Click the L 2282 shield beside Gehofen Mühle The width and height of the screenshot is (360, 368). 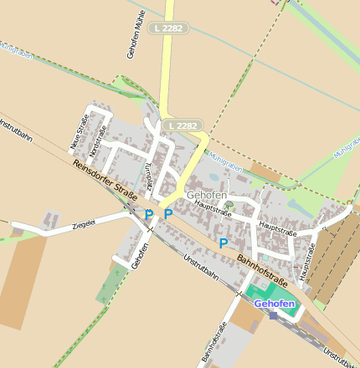pos(168,28)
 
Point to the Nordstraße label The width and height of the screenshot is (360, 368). pos(99,139)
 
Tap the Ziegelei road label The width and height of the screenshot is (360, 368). pos(85,225)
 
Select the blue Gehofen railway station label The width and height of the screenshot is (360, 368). pos(275,303)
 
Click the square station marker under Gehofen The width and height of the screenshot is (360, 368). pos(273,315)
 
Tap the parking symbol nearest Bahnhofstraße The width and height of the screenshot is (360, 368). pos(224,243)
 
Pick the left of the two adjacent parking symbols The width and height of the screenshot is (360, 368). pos(149,214)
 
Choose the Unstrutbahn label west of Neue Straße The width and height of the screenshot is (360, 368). pos(16,133)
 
